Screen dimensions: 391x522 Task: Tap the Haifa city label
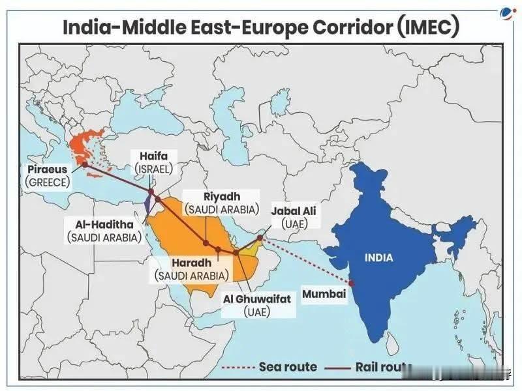[x=154, y=156]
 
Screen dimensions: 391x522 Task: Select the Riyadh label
[x=222, y=197]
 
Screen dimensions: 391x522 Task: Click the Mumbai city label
[x=323, y=294]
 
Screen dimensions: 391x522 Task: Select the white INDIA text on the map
[x=379, y=257]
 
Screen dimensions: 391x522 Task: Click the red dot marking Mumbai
[x=351, y=283]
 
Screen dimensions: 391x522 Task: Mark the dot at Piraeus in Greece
[x=85, y=164]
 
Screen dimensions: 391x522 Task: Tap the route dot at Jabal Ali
[x=260, y=239]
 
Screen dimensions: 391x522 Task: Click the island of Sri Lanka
[x=391, y=340]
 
